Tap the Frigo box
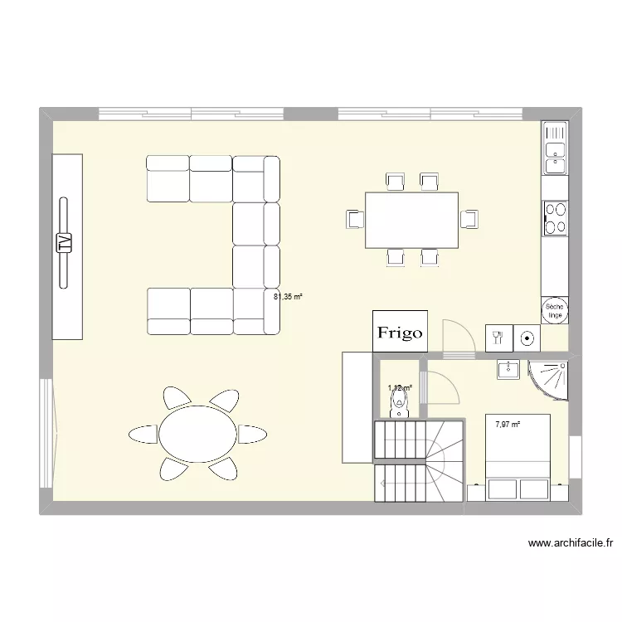pos(400,332)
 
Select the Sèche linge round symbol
pos(555,310)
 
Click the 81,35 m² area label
pos(289,294)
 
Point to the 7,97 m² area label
pos(508,425)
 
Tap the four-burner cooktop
pos(555,217)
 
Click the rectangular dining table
pos(411,220)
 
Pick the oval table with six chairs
pos(198,433)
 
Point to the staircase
pos(419,461)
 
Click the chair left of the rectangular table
pos(356,219)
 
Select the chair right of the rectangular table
pos(469,219)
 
